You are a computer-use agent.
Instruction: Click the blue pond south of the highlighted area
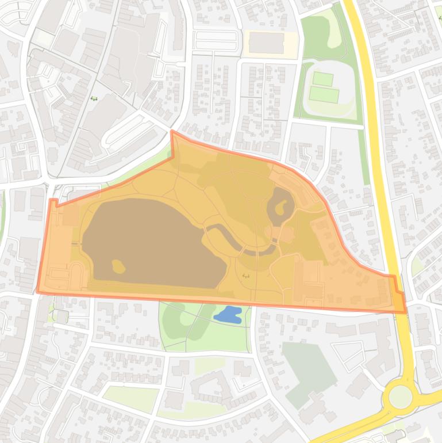pos(228,314)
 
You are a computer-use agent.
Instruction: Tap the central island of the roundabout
pos(400,396)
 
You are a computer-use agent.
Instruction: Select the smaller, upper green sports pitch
pos(322,78)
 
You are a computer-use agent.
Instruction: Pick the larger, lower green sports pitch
pos(324,94)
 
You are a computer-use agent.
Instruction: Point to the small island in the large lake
pos(118,266)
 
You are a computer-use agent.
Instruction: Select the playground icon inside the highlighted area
pos(246,276)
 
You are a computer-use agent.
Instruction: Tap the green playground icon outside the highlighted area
pos(94,98)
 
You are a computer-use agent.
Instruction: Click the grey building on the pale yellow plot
pos(266,42)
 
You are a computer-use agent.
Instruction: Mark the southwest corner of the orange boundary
pos(38,292)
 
